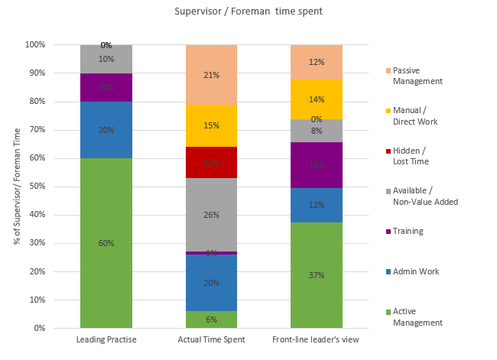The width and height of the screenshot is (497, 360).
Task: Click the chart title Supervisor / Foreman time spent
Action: point(249,11)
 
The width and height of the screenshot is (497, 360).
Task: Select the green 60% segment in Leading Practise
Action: point(106,243)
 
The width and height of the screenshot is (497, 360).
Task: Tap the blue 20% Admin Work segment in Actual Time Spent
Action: point(212,282)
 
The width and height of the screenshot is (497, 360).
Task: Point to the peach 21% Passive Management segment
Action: point(212,75)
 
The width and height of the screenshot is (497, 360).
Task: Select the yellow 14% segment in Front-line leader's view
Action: point(316,99)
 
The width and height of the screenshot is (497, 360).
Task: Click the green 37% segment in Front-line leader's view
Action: point(316,275)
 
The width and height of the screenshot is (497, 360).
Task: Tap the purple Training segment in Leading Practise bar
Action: point(106,87)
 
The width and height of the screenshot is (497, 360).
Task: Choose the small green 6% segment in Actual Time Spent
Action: point(212,319)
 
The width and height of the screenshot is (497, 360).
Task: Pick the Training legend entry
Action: point(408,231)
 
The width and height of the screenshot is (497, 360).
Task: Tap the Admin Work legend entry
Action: point(415,271)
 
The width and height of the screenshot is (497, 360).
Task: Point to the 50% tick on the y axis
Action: point(35,186)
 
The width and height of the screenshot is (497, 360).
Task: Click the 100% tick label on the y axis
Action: point(35,45)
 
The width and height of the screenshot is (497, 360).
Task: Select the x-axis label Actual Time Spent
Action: point(212,339)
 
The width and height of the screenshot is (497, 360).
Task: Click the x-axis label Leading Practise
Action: point(106,339)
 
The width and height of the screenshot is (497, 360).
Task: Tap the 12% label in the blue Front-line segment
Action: point(316,205)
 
